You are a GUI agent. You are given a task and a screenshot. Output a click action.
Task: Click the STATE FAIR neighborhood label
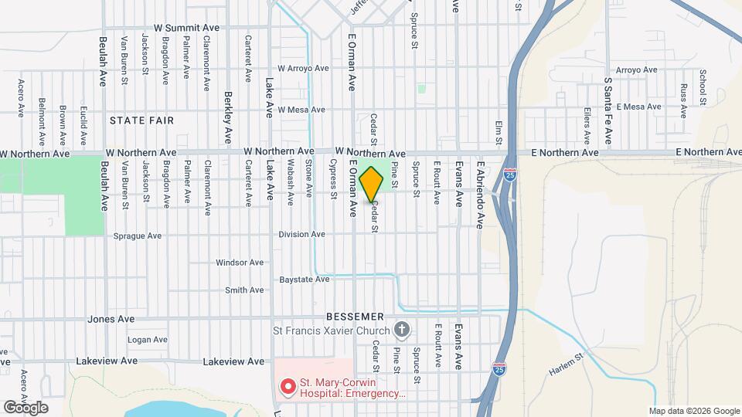[x=141, y=120]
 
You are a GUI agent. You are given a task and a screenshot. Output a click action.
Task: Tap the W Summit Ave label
[x=186, y=27]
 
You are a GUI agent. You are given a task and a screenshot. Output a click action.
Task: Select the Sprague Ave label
[x=138, y=236]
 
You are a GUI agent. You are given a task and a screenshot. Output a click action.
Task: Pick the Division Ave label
[x=302, y=234]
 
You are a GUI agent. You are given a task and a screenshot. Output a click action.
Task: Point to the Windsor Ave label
[x=240, y=263]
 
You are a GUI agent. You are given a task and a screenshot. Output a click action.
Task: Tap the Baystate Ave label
[x=305, y=279]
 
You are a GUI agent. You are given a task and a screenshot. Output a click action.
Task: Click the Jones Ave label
[x=111, y=319]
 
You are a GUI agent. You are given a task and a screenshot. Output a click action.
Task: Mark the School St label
[x=703, y=87]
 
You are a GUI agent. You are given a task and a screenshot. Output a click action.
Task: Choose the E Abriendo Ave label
[x=480, y=195]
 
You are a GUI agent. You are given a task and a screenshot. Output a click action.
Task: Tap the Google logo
[x=25, y=407]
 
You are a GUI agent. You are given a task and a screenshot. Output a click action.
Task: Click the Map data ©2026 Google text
[x=693, y=411]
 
